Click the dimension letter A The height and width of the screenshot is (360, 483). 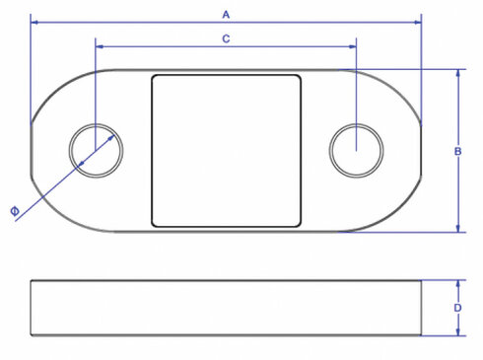point(226,14)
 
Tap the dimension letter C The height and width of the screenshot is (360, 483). point(226,38)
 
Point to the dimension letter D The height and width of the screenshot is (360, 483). point(458,308)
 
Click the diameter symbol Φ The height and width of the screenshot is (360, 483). point(14,212)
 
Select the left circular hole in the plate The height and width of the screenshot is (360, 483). point(96,151)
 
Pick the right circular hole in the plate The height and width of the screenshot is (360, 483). point(356,151)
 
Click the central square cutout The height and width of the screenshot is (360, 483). point(226,150)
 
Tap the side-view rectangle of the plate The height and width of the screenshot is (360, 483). point(226,308)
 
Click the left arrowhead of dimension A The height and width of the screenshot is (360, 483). point(34,23)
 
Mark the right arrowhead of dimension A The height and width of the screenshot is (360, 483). point(418,23)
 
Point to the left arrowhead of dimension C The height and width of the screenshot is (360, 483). point(99,45)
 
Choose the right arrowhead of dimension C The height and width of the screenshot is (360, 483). point(353,45)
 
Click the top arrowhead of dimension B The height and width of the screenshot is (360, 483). point(459,73)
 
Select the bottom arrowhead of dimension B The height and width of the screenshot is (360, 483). point(459,229)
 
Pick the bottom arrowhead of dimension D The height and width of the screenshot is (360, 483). point(459,331)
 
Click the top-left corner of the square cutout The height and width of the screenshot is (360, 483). point(152,75)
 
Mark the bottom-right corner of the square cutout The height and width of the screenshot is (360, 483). point(301,226)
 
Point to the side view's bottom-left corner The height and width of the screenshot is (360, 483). point(31,334)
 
